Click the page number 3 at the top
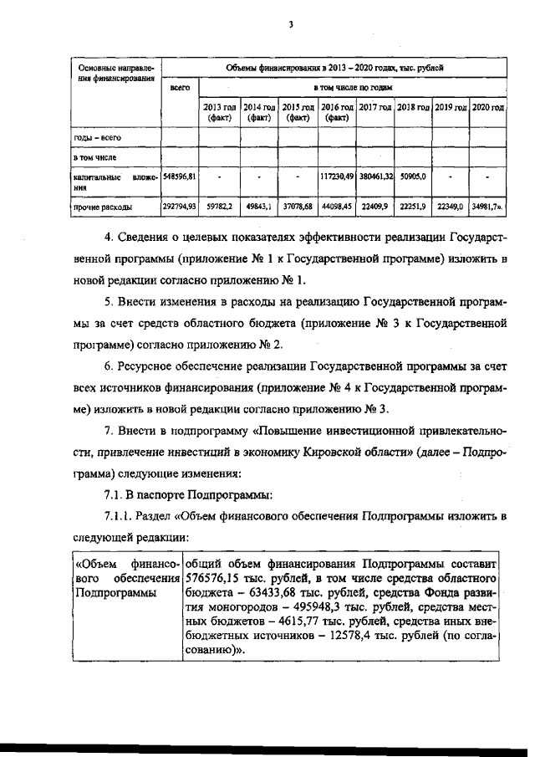(x=289, y=24)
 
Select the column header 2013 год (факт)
(x=217, y=113)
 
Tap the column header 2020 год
(x=487, y=109)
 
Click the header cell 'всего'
(x=179, y=86)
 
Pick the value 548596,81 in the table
(x=180, y=176)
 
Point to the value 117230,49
(x=337, y=176)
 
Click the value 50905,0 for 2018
(x=412, y=176)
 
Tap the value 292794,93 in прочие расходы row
(x=179, y=205)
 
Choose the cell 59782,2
(x=218, y=205)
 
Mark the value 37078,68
(x=297, y=205)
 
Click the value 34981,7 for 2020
(x=487, y=205)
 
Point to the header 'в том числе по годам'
(x=352, y=86)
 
